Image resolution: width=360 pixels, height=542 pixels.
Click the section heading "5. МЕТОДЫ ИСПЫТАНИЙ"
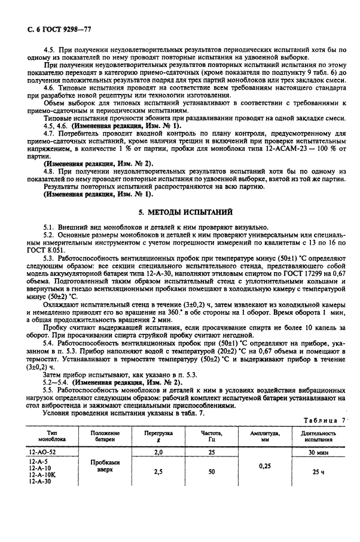pyautogui.click(x=179, y=212)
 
